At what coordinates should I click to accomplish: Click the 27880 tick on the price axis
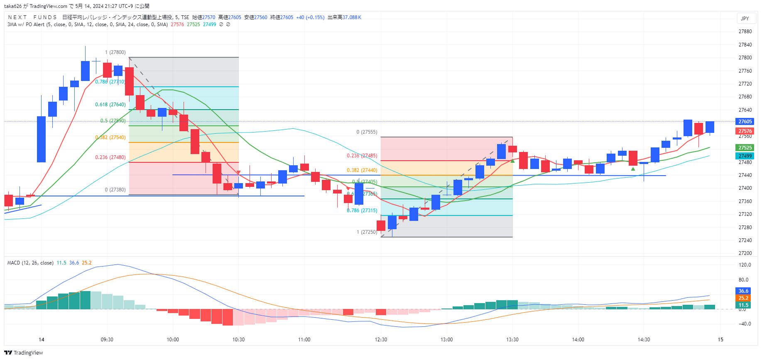pos(745,32)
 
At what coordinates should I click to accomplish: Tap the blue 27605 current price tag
pos(745,122)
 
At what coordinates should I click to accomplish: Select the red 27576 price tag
pos(745,131)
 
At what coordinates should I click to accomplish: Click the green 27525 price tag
pos(745,148)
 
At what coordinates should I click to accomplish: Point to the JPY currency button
pos(745,19)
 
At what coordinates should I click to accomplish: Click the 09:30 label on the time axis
pos(107,340)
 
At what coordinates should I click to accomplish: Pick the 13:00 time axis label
pos(446,340)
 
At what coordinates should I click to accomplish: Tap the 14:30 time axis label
pos(644,340)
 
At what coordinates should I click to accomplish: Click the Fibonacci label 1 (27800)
pos(115,52)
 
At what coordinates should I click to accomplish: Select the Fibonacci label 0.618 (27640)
pos(110,105)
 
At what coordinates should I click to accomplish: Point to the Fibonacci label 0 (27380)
pos(115,190)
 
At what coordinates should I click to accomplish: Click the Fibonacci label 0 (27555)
pos(367,132)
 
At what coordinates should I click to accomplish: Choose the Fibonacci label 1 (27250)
pos(367,232)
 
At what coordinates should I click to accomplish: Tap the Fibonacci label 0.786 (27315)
pos(362,211)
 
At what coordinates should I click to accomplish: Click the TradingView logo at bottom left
pos(24,353)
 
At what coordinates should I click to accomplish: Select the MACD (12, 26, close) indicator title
pos(30,263)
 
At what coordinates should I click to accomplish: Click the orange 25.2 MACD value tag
pos(743,298)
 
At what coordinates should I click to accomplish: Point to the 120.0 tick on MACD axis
pos(745,265)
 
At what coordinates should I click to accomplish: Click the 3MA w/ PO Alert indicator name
pos(26,24)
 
